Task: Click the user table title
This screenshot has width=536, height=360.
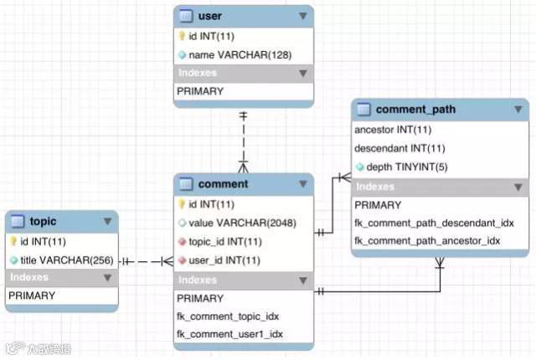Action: [x=210, y=17]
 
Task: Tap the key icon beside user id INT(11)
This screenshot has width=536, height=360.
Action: [x=182, y=36]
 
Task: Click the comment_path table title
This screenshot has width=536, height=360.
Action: [x=415, y=110]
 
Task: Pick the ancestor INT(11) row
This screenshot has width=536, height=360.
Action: [x=392, y=131]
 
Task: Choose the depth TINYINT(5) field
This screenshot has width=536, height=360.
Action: [x=405, y=167]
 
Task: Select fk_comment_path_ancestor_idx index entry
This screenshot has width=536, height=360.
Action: [x=426, y=240]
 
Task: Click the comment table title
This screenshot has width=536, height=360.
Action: [x=223, y=184]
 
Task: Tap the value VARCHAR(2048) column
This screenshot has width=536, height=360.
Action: [x=239, y=223]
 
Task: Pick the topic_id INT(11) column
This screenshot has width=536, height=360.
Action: [x=224, y=242]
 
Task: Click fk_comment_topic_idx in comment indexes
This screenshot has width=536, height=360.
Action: [x=228, y=316]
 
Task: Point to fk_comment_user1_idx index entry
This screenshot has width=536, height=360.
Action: [x=229, y=334]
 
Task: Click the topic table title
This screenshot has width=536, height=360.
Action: [x=43, y=222]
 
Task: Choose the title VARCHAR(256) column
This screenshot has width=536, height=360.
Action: [x=65, y=259]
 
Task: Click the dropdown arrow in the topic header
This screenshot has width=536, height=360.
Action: [x=107, y=222]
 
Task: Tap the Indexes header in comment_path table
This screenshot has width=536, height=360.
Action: [x=374, y=187]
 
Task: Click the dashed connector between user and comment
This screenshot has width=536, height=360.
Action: [x=244, y=134]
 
